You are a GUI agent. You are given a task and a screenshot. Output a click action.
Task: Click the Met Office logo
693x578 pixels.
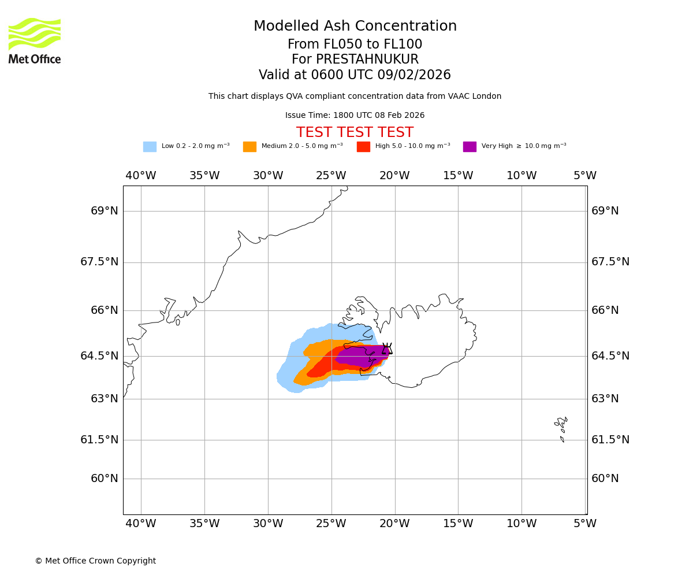tap(35, 40)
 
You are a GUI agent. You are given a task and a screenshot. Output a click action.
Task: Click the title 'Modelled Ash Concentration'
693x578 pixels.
tap(355, 27)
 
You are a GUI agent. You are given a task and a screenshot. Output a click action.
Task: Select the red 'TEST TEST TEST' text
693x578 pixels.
tap(355, 133)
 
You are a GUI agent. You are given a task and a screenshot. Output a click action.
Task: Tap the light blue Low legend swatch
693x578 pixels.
tap(150, 147)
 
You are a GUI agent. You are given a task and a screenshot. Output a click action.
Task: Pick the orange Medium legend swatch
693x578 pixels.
tap(249, 147)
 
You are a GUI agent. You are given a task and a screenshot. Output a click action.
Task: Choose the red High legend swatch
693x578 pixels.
tap(363, 147)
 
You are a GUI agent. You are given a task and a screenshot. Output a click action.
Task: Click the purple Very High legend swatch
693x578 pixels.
tap(470, 147)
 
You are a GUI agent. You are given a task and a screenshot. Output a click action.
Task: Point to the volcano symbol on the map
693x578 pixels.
tap(387, 349)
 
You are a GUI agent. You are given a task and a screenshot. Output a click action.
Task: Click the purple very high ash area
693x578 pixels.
tap(361, 356)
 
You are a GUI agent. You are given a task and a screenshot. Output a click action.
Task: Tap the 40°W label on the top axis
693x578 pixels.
tap(141, 176)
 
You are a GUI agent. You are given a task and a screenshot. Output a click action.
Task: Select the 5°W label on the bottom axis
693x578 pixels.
tap(584, 524)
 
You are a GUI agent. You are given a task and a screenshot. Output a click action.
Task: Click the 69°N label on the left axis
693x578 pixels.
tap(105, 211)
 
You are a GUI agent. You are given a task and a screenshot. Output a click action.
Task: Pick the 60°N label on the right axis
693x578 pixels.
tap(605, 479)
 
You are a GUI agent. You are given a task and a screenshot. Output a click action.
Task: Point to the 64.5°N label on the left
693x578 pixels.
tap(99, 356)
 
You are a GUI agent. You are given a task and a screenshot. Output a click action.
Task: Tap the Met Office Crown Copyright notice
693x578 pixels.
tap(95, 561)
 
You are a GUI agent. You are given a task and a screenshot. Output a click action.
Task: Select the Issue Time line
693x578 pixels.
tap(355, 116)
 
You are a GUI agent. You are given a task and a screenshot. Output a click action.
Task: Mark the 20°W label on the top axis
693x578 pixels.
tap(394, 176)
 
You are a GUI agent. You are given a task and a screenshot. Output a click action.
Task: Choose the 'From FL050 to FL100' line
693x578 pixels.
tap(355, 45)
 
